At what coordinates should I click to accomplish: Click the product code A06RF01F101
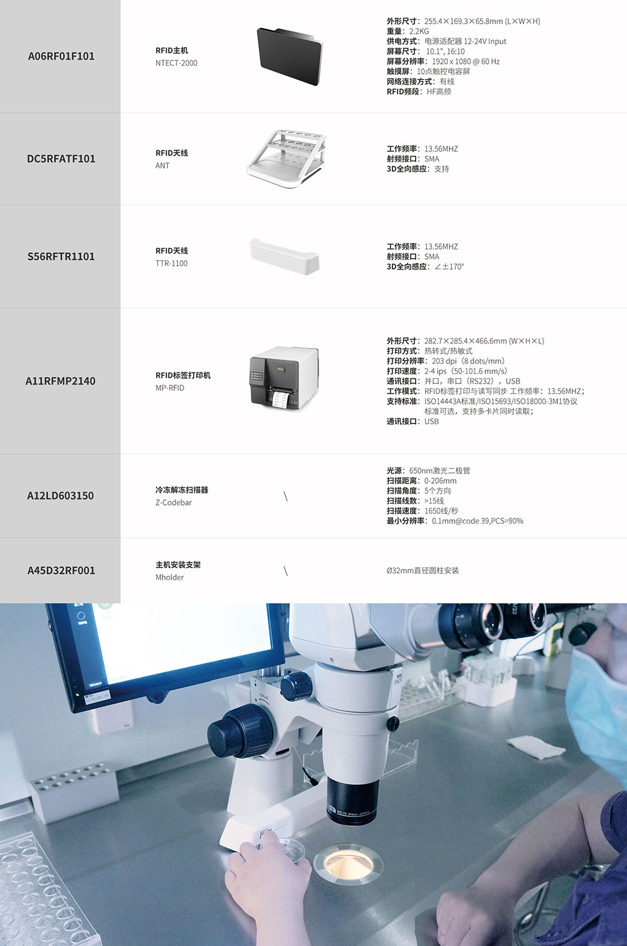pos(61,56)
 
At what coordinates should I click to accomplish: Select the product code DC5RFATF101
pos(61,159)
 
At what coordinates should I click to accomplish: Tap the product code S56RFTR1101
pos(61,257)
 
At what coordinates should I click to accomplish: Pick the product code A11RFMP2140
pos(60,381)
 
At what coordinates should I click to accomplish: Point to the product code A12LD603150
pos(60,496)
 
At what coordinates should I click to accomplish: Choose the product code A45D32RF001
pos(61,571)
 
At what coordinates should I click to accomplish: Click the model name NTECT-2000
pos(176,63)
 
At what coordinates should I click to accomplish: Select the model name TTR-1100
pos(171,263)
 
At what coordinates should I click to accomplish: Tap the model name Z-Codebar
pos(174,502)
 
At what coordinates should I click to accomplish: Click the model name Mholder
pos(170,577)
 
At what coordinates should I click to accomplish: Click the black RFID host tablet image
pos(290,56)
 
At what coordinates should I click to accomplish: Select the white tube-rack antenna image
pos(287,159)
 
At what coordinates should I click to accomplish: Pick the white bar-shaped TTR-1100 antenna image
pos(284,256)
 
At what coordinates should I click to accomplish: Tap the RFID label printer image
pos(284,378)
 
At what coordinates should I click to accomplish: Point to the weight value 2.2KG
pos(419,31)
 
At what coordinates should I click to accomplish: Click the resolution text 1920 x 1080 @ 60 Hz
pos(466,61)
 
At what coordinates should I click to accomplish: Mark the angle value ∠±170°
pos(449,267)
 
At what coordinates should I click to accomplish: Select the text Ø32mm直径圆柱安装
pos(423,571)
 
